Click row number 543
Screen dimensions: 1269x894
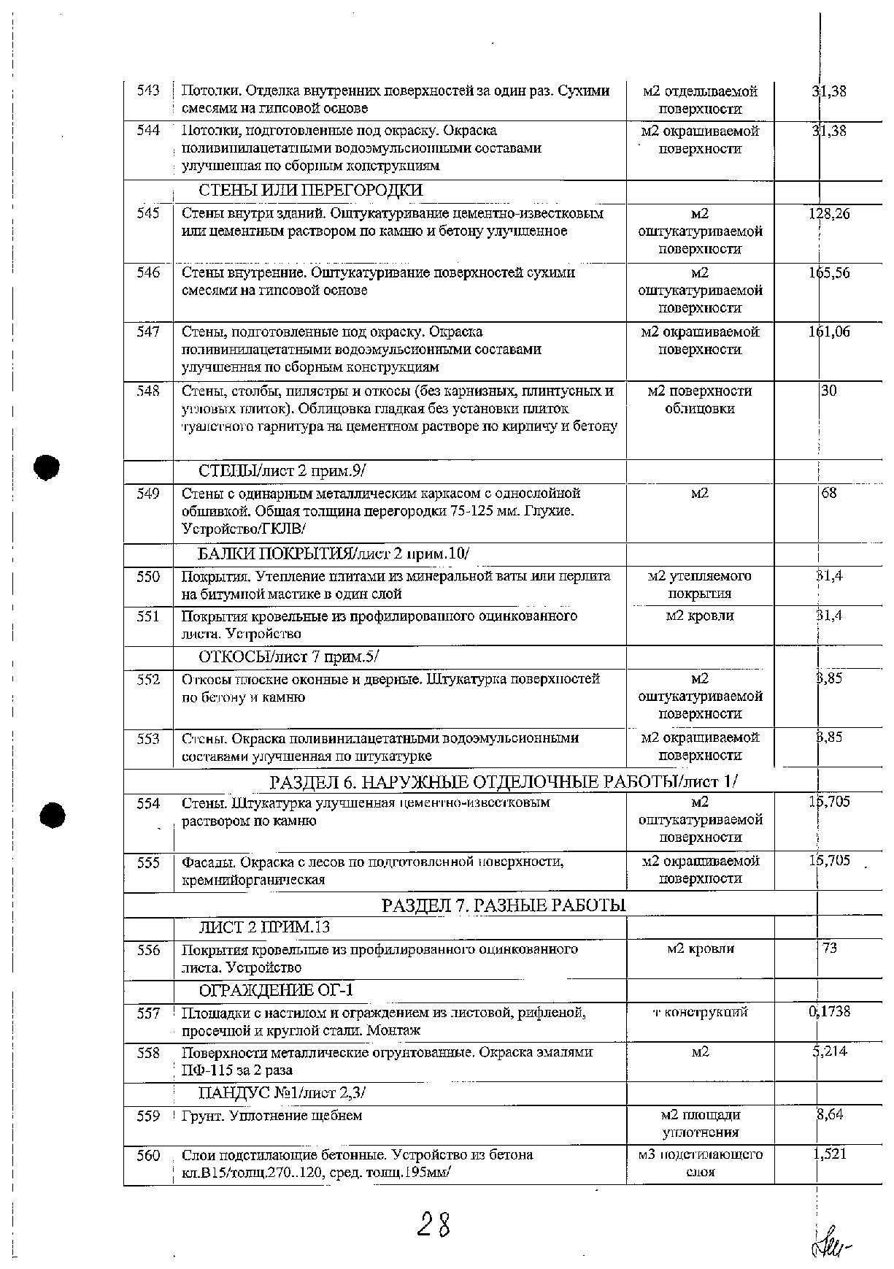point(148,91)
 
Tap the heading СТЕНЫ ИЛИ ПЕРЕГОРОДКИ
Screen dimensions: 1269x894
point(311,191)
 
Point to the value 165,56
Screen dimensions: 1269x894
point(828,273)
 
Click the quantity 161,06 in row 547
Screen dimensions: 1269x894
point(828,332)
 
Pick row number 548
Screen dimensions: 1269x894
point(148,391)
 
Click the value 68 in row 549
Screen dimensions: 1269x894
point(829,494)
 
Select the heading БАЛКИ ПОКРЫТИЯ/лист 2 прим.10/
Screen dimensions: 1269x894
point(334,553)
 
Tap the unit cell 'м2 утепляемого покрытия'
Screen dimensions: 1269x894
point(699,585)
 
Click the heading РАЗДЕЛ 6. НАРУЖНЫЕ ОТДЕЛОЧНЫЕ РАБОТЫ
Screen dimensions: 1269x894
point(504,781)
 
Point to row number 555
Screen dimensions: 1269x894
point(148,862)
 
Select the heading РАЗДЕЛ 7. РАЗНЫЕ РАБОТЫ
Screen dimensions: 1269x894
point(504,905)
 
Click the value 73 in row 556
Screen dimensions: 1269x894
point(829,948)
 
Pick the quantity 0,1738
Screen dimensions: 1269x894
point(829,1012)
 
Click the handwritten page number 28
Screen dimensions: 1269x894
point(433,1224)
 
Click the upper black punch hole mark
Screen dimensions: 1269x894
point(46,467)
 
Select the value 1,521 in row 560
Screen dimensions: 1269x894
point(830,1154)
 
